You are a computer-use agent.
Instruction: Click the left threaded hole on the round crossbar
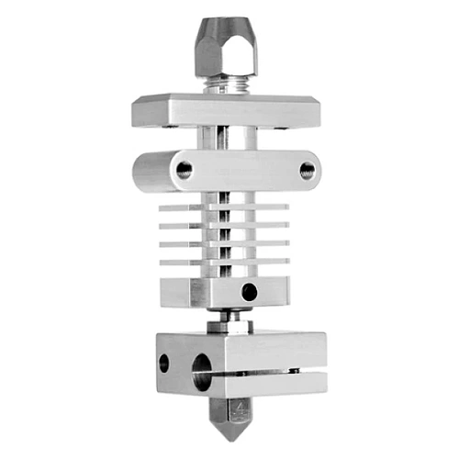click(185, 169)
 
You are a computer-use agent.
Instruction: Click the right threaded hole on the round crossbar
click(306, 170)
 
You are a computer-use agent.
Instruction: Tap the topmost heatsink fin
click(184, 207)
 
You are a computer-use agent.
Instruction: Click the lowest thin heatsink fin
click(184, 263)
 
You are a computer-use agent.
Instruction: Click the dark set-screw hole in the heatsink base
click(249, 292)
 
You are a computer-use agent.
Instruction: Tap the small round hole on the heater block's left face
click(165, 364)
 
